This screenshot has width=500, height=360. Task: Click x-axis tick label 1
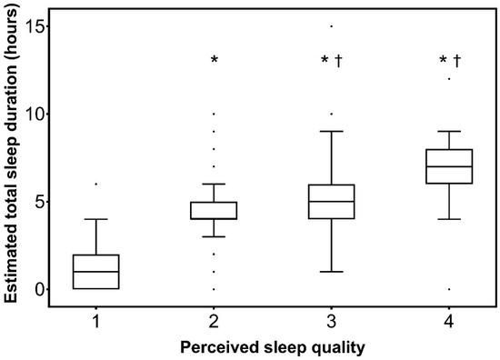pos(95,322)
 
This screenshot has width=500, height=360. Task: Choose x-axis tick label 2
pos(214,322)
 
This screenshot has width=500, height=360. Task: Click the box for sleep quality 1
pos(95,271)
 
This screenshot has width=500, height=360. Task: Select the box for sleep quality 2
pos(214,210)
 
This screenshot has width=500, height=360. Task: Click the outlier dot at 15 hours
pos(332,25)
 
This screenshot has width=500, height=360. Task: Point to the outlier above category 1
pos(95,184)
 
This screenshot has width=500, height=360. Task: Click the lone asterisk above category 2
pos(215,61)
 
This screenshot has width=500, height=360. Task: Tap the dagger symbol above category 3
pos(338,61)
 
